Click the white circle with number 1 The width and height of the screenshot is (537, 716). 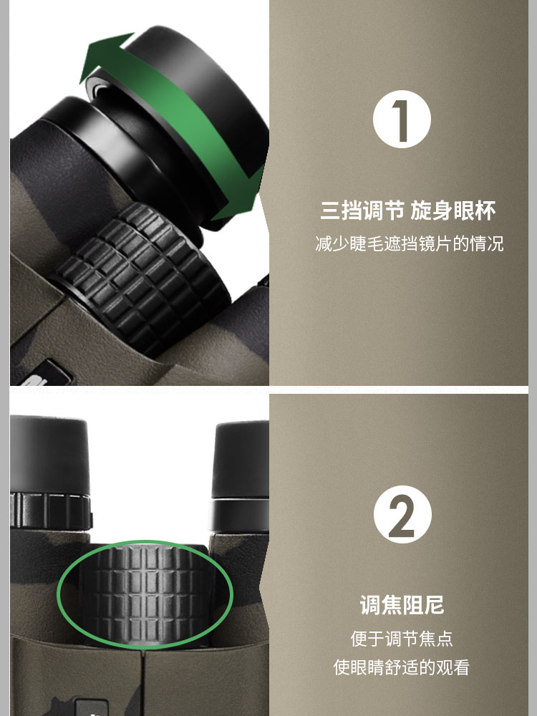402,119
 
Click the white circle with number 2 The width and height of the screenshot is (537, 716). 402,514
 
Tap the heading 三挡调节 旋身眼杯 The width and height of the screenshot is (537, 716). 407,211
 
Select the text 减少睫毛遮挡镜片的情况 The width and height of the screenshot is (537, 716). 409,244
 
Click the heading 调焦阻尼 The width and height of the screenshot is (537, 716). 402,604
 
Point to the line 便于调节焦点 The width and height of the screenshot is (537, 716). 402,638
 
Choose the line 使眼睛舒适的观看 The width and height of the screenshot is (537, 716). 402,667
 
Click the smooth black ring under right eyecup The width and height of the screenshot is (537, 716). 240,514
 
